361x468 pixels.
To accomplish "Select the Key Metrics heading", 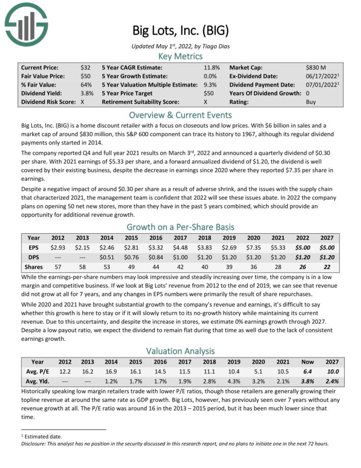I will [180, 57].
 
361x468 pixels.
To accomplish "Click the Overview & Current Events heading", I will [180, 114].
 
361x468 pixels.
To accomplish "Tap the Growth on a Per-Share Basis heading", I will [180, 227].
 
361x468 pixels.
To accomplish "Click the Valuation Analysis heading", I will [180, 350].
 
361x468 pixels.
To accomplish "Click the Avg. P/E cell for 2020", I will [258, 371].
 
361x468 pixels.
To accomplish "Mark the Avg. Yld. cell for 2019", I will [234, 381].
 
